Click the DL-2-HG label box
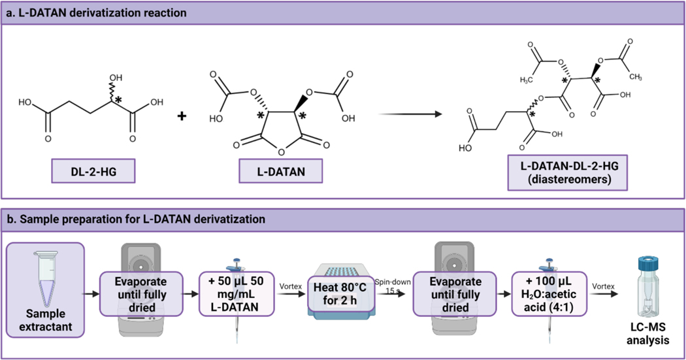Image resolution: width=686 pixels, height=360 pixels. [93, 173]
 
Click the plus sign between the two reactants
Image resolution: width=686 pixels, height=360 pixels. [182, 116]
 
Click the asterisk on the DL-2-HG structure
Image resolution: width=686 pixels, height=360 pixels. [118, 100]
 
